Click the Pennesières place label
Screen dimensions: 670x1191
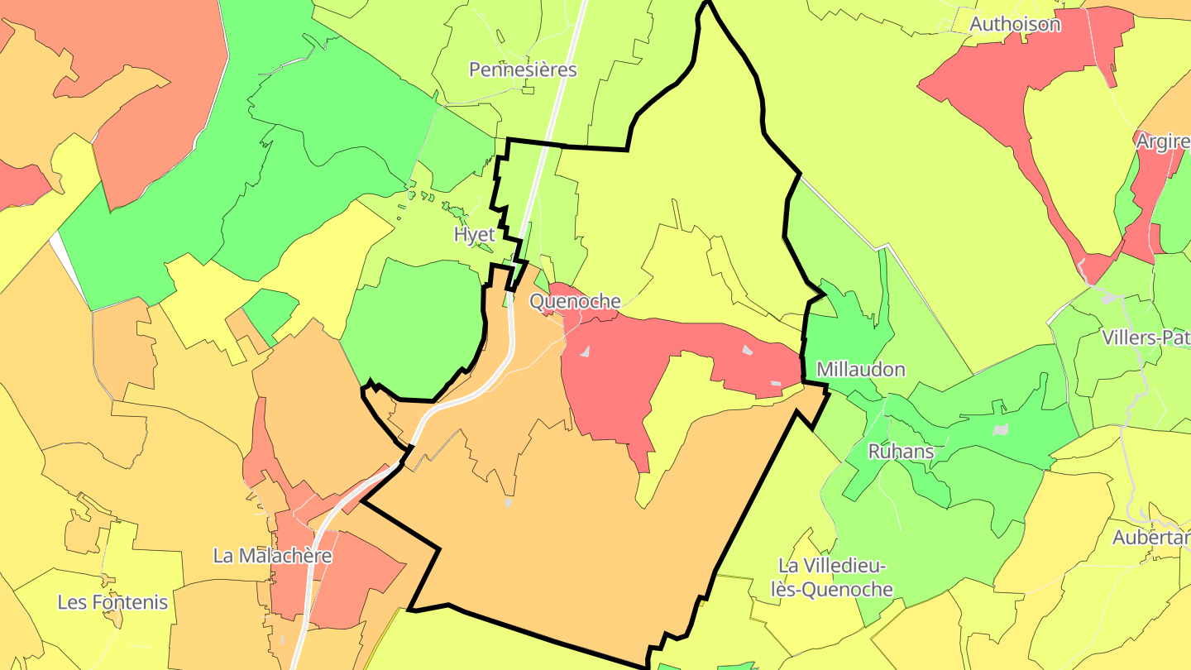(523, 69)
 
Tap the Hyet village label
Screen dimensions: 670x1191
(474, 234)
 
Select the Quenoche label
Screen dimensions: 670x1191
(575, 302)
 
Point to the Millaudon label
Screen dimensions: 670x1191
(860, 370)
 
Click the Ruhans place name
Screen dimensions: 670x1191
(901, 452)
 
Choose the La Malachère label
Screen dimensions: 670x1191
(272, 556)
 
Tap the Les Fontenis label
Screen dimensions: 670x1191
(112, 602)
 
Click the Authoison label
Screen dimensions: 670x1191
(1014, 24)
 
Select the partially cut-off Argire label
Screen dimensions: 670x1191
(1162, 141)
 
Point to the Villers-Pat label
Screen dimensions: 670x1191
(1146, 337)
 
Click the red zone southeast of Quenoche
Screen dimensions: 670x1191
(612, 372)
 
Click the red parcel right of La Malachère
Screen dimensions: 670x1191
(356, 579)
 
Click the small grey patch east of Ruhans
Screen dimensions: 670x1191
(1001, 429)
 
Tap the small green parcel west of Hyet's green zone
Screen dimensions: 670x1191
(269, 310)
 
